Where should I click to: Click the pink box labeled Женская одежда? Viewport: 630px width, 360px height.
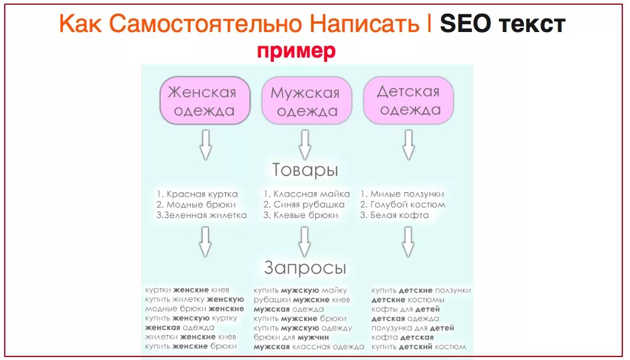point(202,101)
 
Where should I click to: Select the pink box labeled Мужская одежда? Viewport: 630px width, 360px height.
point(305,101)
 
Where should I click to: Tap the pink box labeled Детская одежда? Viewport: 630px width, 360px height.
point(408,101)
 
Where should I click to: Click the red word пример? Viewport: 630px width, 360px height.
point(296,51)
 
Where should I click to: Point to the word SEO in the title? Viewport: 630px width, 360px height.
point(465,24)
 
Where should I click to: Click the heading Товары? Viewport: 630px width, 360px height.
point(305,171)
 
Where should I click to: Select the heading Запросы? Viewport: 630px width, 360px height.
point(305,268)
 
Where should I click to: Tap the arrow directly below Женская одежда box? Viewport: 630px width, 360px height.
point(205,145)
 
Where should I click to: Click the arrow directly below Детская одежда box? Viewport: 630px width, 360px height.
point(408,145)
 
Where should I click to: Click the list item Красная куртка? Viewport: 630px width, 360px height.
point(197,194)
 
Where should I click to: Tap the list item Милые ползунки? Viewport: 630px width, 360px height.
point(402,194)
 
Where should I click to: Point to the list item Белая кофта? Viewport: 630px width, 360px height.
point(394,215)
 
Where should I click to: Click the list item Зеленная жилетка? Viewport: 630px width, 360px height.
point(202,215)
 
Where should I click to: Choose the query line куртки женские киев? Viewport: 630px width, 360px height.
point(186,290)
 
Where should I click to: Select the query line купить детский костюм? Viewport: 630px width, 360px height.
point(418,347)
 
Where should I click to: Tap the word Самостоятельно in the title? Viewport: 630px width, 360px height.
point(205,24)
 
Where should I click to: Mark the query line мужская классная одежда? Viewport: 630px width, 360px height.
point(309,347)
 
